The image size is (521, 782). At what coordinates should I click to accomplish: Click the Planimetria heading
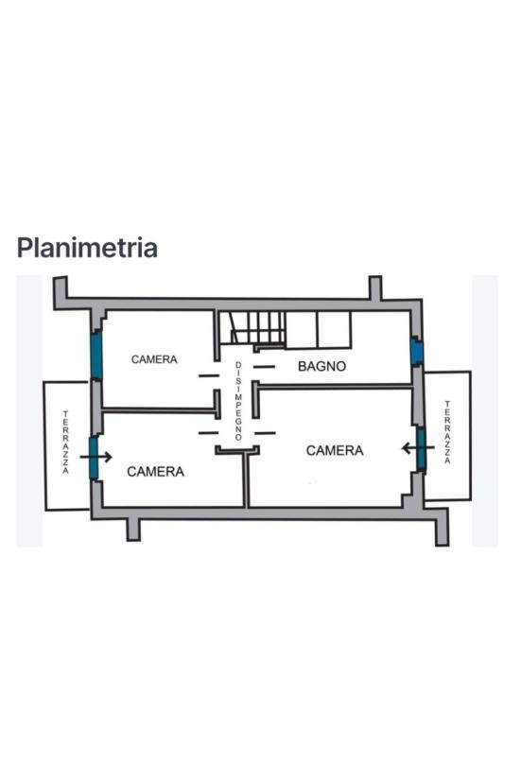87,248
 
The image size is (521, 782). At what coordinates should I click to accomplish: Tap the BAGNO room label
321,367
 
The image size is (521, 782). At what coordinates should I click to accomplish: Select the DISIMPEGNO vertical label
238,402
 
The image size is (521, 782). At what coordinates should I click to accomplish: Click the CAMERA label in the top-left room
154,359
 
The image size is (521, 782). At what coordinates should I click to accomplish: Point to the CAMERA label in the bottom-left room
156,472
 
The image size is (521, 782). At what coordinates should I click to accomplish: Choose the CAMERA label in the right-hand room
335,451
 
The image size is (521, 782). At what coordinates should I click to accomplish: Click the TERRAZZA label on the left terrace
66,442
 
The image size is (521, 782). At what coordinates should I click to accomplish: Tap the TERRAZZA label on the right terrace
447,432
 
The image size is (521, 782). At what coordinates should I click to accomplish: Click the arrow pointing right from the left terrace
96,457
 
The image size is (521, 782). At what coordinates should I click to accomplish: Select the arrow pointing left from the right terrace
418,448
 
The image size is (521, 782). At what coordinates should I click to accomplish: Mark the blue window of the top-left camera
96,356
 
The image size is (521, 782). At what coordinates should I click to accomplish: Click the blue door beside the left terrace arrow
94,458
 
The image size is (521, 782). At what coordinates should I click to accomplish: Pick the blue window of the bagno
416,351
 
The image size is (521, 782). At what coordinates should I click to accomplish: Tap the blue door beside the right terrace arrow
422,448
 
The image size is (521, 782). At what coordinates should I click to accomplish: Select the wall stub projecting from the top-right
375,288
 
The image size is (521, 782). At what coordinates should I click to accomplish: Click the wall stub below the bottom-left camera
133,530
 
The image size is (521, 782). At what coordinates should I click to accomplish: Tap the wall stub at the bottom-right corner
442,531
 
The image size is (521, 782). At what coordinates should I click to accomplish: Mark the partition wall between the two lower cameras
246,479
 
